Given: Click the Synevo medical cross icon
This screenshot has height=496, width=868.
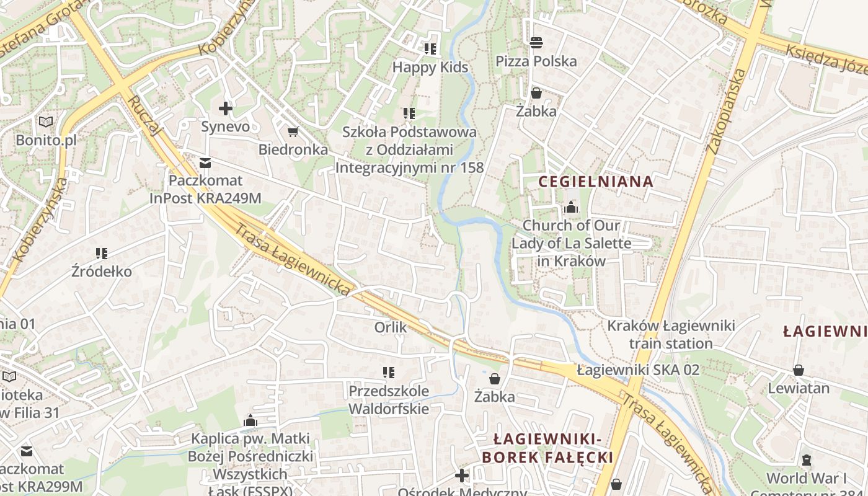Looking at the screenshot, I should click(x=226, y=109).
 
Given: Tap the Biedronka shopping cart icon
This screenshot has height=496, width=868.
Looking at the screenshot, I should click(x=293, y=132).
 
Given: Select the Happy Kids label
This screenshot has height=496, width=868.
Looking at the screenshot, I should click(x=430, y=67).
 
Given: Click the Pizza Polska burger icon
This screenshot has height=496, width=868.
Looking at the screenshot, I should click(x=536, y=42).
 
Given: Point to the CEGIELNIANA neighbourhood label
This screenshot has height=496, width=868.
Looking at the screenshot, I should click(x=596, y=182).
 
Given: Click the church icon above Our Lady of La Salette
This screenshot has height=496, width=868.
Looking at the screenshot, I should click(x=571, y=207).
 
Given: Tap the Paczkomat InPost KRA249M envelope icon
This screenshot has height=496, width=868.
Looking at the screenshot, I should click(x=205, y=163).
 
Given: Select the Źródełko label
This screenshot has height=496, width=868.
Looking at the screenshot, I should click(x=102, y=272).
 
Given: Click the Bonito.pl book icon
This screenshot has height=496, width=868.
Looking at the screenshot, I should click(x=46, y=122).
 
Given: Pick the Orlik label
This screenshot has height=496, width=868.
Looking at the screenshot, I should click(x=391, y=327).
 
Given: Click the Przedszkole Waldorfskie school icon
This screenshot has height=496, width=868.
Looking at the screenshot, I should click(x=389, y=373).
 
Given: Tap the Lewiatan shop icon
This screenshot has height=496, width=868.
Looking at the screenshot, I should click(x=799, y=370).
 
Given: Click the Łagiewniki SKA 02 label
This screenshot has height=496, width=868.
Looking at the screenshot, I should click(x=638, y=370).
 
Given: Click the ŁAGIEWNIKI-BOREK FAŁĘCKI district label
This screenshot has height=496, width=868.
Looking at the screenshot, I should click(x=547, y=448).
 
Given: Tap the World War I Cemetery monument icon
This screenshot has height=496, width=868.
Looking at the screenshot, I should click(x=807, y=460).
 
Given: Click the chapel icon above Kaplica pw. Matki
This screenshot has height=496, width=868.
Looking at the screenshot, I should click(x=250, y=421).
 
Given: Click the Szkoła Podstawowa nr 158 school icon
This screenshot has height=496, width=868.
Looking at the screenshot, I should click(x=409, y=113).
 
